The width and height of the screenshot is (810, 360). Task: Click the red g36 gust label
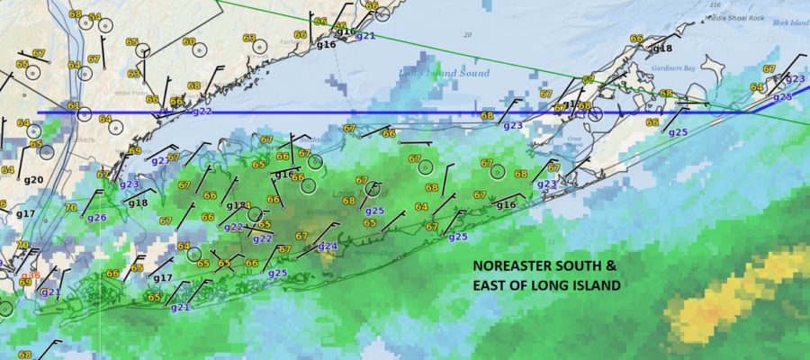(30, 274)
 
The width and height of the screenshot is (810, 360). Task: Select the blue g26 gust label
(96, 218)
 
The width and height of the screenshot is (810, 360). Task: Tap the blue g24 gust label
(328, 246)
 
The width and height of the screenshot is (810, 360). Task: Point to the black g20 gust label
(33, 180)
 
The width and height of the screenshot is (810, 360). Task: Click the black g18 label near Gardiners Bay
(662, 49)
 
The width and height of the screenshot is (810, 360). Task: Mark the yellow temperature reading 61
(73, 106)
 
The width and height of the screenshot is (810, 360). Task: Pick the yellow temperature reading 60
(189, 41)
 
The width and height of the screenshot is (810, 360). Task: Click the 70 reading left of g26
(70, 208)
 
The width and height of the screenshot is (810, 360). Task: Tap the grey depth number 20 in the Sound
(467, 34)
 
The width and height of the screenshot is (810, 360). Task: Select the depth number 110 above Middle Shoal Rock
(716, 5)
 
